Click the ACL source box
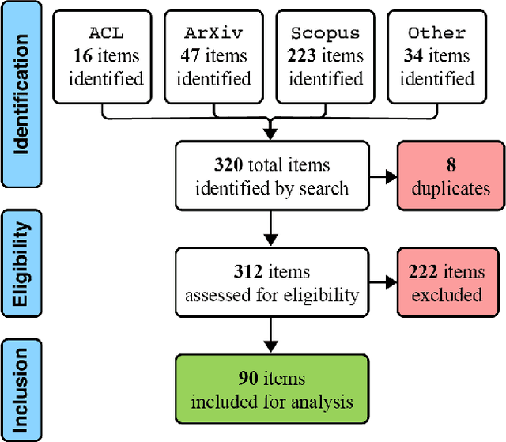click(x=105, y=56)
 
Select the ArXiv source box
click(x=216, y=56)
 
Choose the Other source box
click(x=436, y=56)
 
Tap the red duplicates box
click(x=451, y=177)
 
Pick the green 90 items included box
click(x=271, y=390)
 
